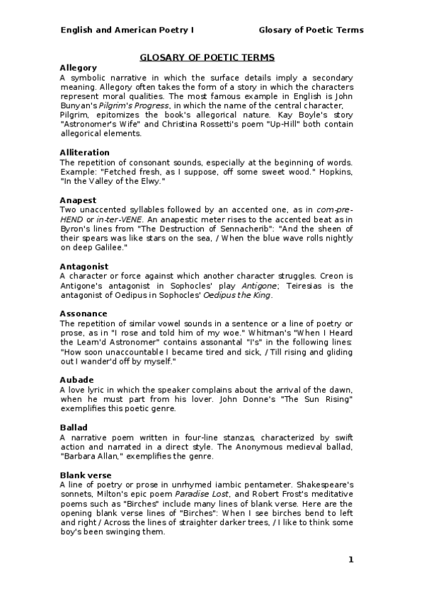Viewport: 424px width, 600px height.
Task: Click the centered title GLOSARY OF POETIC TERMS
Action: [207, 57]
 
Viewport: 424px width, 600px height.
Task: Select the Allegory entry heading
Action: [78, 67]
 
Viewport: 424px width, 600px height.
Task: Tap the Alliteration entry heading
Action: [84, 153]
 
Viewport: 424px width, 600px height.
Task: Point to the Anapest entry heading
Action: [78, 200]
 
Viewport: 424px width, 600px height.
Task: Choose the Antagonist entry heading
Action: [84, 266]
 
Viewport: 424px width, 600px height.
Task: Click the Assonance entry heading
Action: [84, 314]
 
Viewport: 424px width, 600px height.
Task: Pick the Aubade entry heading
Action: [76, 380]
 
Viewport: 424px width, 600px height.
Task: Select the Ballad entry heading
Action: [74, 428]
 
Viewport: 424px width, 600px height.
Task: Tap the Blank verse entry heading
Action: [81, 475]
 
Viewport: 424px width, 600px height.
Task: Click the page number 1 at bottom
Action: [350, 560]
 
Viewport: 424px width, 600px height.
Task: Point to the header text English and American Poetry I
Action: [127, 30]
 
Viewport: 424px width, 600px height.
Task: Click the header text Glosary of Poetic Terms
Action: [311, 30]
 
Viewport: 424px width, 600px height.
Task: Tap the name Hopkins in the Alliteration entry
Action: [337, 172]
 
